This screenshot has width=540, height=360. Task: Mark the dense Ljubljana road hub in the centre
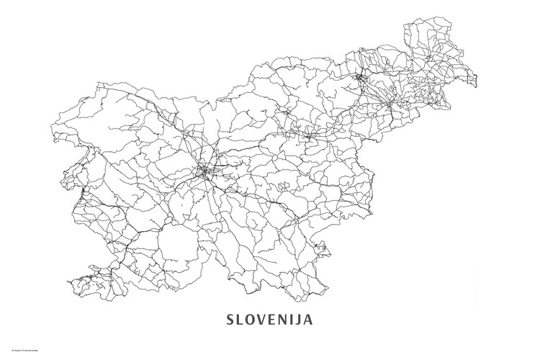(207, 171)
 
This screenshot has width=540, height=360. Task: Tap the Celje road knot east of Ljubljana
(311, 134)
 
